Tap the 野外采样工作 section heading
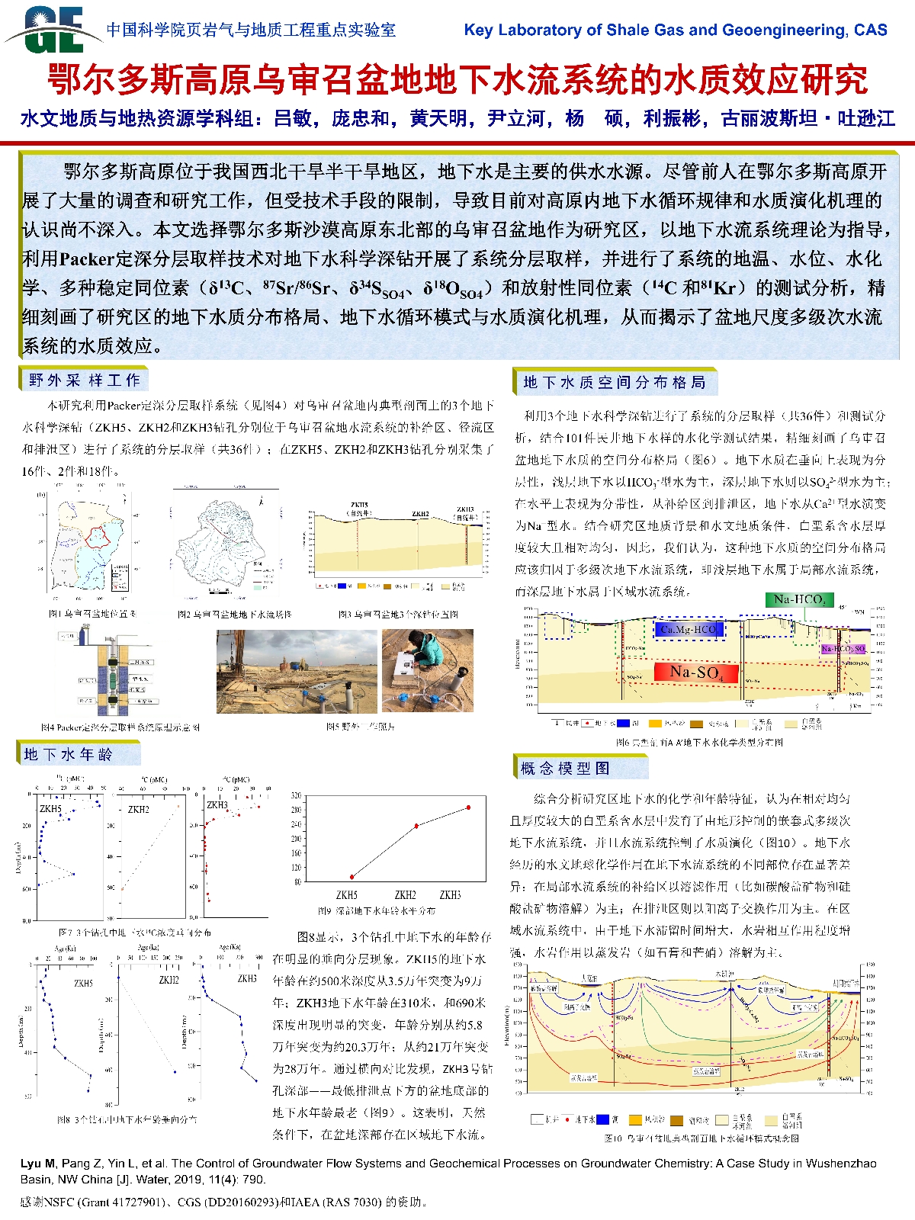click(84, 380)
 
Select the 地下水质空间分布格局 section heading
click(615, 382)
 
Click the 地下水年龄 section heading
click(69, 754)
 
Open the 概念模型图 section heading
click(565, 768)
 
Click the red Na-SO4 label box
click(695, 672)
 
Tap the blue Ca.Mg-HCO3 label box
click(689, 629)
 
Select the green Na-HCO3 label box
click(799, 599)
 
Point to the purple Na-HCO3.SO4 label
click(843, 649)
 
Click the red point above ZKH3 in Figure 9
click(468, 807)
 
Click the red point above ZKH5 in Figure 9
click(352, 877)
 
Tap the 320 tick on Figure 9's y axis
click(296, 796)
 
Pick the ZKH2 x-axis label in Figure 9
click(405, 894)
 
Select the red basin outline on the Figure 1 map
click(98, 538)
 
